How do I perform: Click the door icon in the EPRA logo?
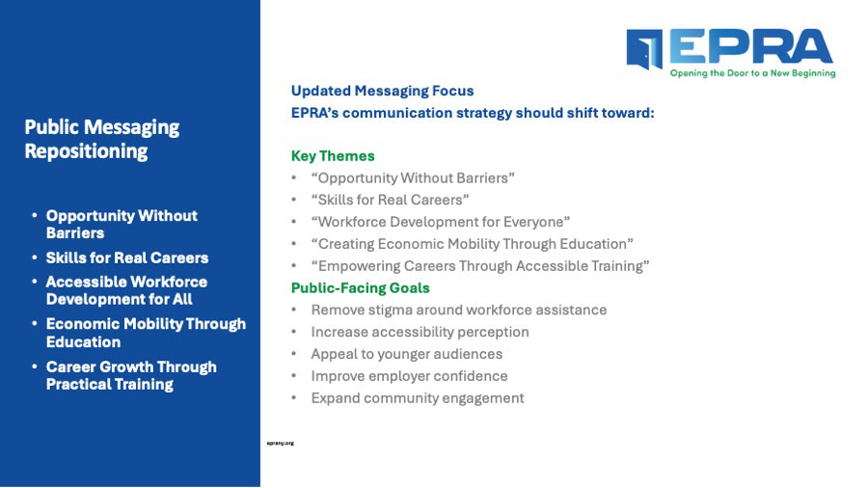644,49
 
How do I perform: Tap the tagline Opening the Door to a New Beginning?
753,73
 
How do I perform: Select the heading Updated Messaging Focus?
383,91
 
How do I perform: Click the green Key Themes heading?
333,156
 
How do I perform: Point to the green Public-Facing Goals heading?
361,287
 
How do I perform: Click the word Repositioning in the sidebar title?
87,151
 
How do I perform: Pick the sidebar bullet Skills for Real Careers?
127,258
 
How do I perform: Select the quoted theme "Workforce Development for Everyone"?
441,222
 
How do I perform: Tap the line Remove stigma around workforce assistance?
459,310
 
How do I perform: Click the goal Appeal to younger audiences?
407,354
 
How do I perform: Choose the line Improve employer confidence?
409,376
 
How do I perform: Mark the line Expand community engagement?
418,398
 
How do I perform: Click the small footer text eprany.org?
280,444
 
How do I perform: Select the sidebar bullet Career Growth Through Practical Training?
131,376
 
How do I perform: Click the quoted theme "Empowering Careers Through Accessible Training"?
480,266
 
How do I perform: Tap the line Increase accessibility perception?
420,332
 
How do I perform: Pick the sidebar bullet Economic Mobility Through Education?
146,333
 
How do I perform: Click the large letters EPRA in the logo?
751,46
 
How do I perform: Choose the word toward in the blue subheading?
631,113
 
